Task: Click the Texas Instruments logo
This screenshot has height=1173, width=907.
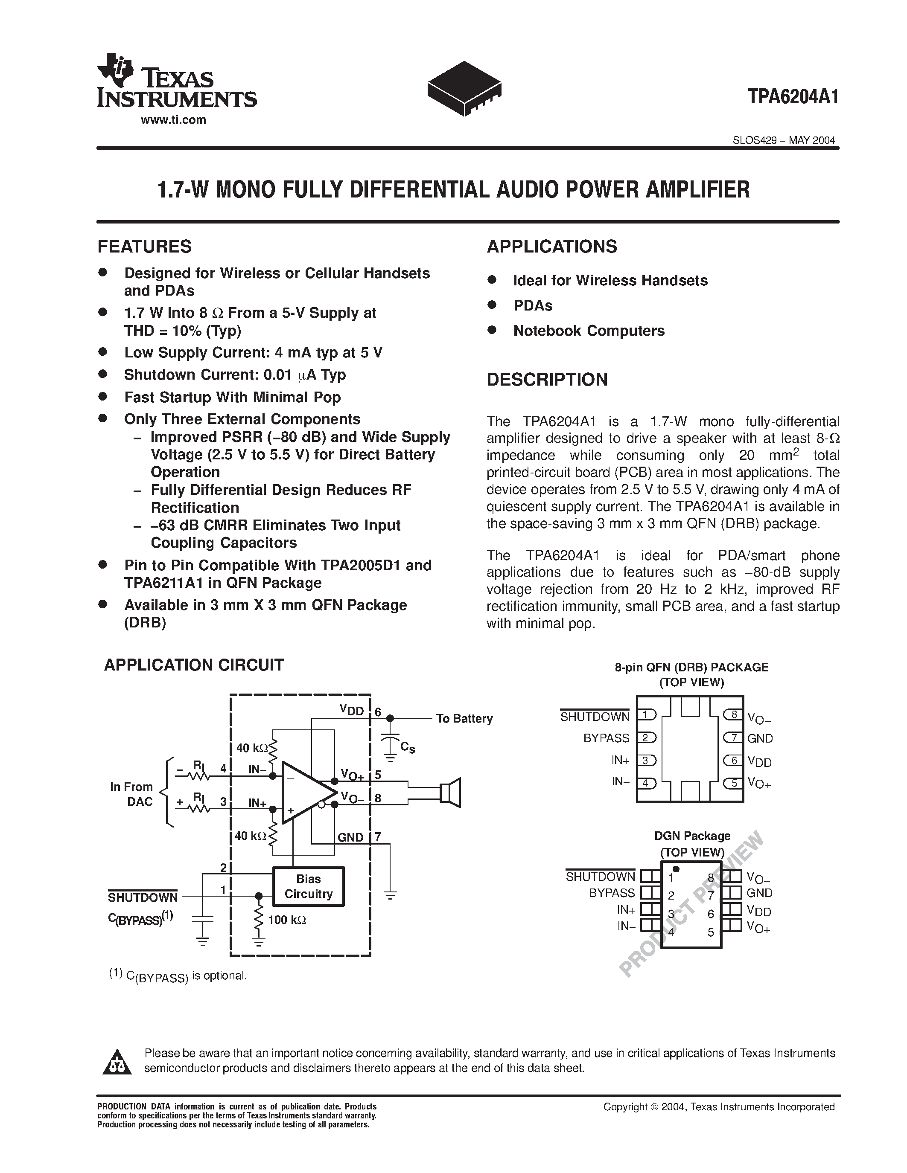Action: coord(176,81)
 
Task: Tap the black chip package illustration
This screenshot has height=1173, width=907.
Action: coord(464,88)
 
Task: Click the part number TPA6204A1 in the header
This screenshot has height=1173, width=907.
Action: coord(793,98)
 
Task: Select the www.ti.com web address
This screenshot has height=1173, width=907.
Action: coord(174,120)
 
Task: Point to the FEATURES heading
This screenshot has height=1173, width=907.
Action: coord(145,247)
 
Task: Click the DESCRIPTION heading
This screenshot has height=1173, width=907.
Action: coord(547,380)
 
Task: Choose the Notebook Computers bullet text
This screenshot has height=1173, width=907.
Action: coord(589,331)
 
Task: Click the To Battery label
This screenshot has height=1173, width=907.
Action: coord(464,719)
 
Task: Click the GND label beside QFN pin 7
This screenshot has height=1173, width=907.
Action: coord(760,738)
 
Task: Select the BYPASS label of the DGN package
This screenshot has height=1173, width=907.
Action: coord(612,893)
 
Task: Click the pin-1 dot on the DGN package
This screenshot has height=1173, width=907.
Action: coord(676,869)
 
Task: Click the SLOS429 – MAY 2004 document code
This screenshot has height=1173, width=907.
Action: coord(783,141)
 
